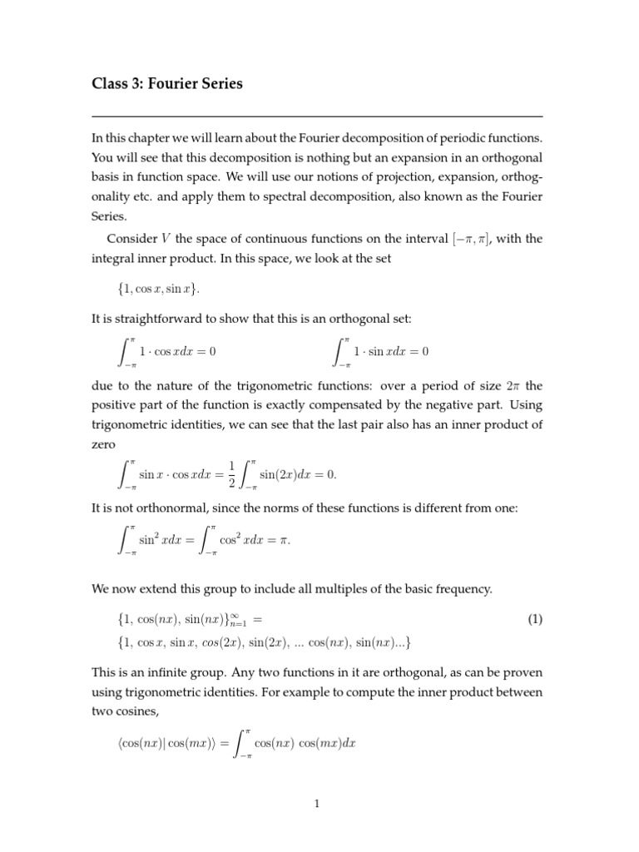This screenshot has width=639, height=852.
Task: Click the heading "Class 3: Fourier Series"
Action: coord(167,85)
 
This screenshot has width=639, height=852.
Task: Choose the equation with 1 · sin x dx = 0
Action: coord(381,352)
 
